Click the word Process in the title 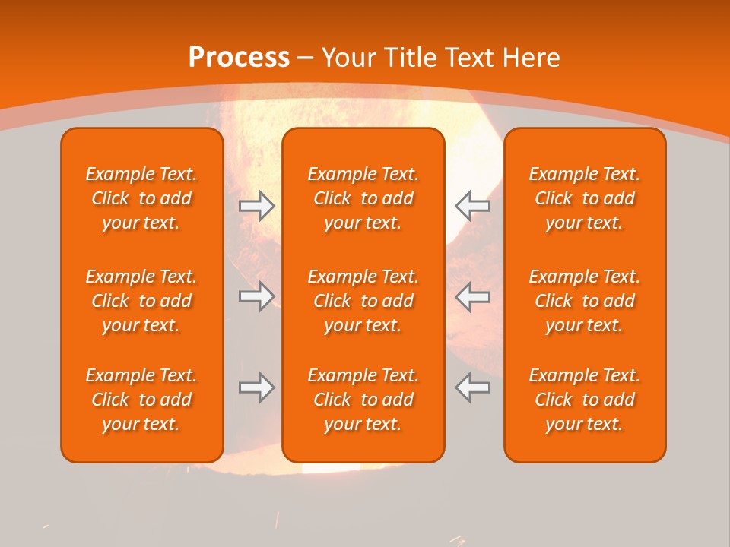pyautogui.click(x=239, y=57)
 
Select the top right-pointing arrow pyautogui.click(x=257, y=206)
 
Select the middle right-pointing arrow pyautogui.click(x=257, y=296)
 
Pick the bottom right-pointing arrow pyautogui.click(x=257, y=387)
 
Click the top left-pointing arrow pyautogui.click(x=472, y=206)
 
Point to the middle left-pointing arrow pyautogui.click(x=472, y=296)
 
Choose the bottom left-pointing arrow pyautogui.click(x=472, y=387)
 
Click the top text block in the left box pyautogui.click(x=141, y=198)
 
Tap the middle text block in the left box pyautogui.click(x=141, y=301)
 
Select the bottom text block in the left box pyautogui.click(x=141, y=400)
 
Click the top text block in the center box pyautogui.click(x=363, y=198)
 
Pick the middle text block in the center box pyautogui.click(x=363, y=301)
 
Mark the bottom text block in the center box pyautogui.click(x=363, y=400)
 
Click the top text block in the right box pyautogui.click(x=584, y=198)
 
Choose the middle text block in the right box pyautogui.click(x=584, y=301)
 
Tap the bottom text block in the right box pyautogui.click(x=584, y=400)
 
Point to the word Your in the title pyautogui.click(x=347, y=57)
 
